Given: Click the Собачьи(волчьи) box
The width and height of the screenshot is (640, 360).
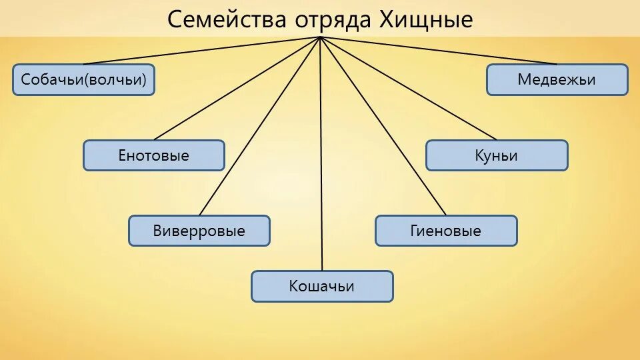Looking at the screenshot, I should pyautogui.click(x=83, y=80).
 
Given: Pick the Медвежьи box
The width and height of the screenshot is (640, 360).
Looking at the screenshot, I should pyautogui.click(x=557, y=80).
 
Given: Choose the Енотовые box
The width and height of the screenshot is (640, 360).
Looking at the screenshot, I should pyautogui.click(x=153, y=155).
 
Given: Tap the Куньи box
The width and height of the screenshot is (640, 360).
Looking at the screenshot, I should pyautogui.click(x=497, y=155).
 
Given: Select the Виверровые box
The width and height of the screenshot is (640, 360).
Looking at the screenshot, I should pyautogui.click(x=199, y=231).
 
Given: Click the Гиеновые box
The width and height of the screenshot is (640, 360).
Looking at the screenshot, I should pyautogui.click(x=445, y=231).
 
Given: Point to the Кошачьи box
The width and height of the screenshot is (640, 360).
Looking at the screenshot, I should pyautogui.click(x=322, y=286).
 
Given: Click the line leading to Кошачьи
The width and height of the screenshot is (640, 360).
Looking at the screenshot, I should pyautogui.click(x=321, y=167).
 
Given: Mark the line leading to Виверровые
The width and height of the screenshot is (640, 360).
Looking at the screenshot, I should pyautogui.click(x=260, y=127).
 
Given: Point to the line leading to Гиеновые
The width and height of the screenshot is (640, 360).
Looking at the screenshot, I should pyautogui.click(x=383, y=127).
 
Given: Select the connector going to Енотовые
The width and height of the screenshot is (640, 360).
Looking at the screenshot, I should pyautogui.click(x=237, y=88).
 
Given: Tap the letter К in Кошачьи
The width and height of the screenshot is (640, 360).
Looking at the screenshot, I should pyautogui.click(x=294, y=286).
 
